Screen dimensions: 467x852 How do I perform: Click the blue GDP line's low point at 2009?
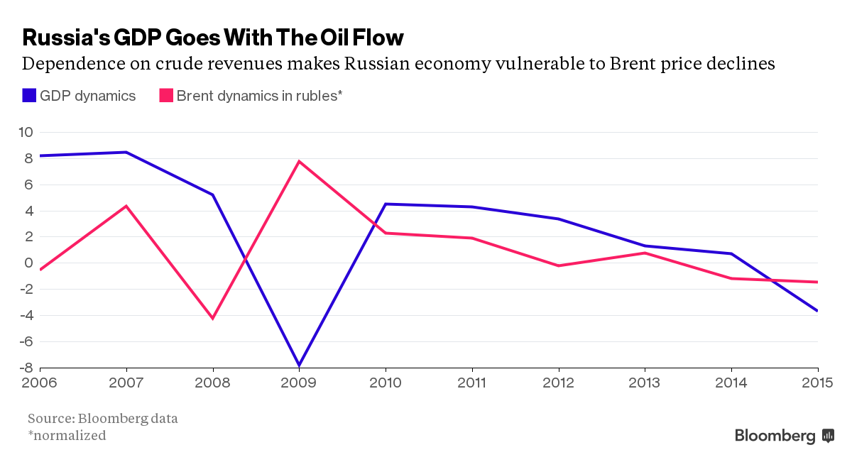299,365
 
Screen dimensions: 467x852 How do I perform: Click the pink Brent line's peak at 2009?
299,161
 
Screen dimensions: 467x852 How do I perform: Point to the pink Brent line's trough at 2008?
212,318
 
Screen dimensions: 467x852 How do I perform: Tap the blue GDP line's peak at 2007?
126,152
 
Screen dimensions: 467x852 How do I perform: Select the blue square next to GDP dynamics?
29,95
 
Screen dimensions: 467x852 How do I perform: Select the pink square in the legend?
165,95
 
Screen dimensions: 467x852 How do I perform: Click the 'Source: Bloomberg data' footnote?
103,417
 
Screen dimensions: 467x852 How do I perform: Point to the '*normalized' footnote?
67,435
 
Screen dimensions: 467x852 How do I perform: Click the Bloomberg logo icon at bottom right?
827,435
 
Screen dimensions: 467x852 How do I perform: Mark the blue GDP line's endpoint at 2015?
817,310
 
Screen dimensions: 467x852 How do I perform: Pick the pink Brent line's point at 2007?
126,206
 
